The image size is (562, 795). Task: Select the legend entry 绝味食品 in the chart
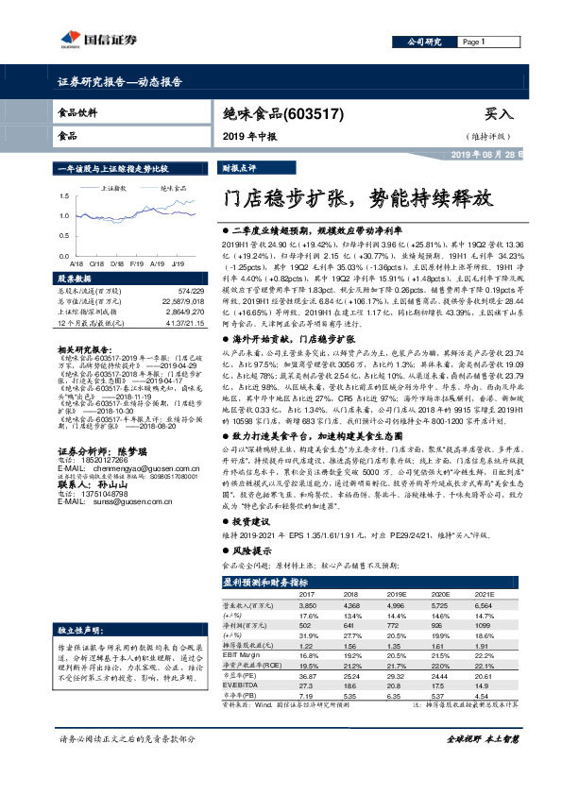coord(173,189)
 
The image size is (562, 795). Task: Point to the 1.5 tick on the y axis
coord(65,197)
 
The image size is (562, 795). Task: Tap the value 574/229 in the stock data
coord(190,291)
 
